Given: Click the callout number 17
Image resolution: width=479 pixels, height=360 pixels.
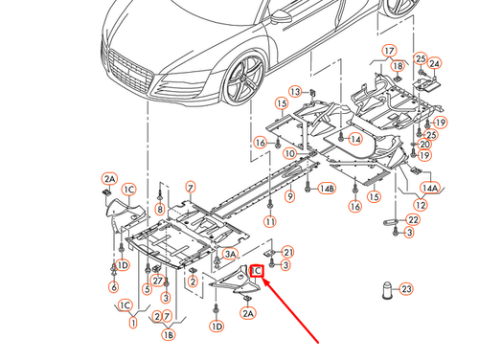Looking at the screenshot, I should pyautogui.click(x=390, y=51).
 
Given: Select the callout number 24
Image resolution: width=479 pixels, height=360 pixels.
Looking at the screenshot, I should pyautogui.click(x=434, y=64).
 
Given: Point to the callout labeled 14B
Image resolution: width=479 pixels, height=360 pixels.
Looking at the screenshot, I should pyautogui.click(x=328, y=190).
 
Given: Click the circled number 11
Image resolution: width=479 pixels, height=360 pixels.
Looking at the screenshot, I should pyautogui.click(x=270, y=222).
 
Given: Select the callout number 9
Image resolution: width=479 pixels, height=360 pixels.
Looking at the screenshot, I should pyautogui.click(x=288, y=196).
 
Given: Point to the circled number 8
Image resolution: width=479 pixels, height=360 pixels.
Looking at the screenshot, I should pyautogui.click(x=159, y=209).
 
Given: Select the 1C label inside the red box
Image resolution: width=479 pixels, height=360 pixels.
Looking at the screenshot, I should pyautogui.click(x=258, y=272).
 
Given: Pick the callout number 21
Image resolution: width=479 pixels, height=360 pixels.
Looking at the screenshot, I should pyautogui.click(x=288, y=252).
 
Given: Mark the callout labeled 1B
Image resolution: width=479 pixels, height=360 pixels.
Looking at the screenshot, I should pyautogui.click(x=169, y=335).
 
